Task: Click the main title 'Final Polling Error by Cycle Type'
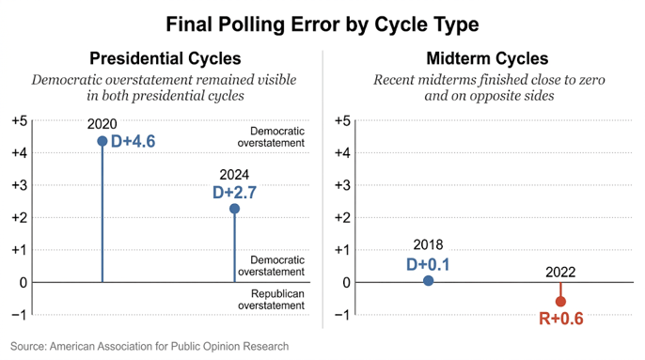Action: [322, 24]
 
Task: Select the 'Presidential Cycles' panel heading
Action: [165, 58]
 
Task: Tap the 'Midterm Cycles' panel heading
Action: [487, 58]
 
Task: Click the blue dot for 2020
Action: [102, 141]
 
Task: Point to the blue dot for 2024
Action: [234, 209]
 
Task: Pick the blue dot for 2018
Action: [428, 281]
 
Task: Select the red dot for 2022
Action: [560, 302]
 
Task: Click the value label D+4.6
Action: [134, 142]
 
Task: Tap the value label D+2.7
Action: [234, 193]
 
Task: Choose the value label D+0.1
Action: [428, 264]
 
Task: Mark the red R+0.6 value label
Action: [561, 319]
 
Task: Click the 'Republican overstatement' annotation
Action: [272, 300]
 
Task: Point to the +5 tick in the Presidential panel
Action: [20, 120]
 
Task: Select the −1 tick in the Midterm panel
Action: [342, 315]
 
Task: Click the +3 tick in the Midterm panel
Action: [342, 185]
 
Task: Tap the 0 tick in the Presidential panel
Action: [23, 283]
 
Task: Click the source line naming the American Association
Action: [149, 347]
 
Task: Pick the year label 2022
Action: [560, 273]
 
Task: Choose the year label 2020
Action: [102, 124]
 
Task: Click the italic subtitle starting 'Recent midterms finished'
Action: [489, 87]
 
